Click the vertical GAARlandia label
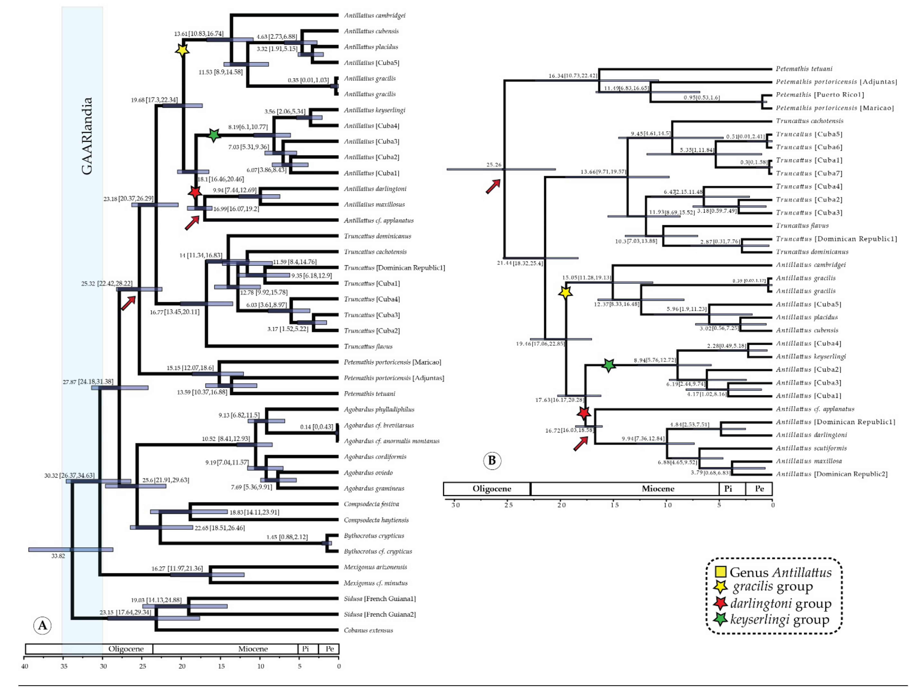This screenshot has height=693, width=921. click(x=87, y=136)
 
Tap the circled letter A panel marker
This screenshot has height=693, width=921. click(x=43, y=625)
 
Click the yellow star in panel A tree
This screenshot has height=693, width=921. click(x=182, y=50)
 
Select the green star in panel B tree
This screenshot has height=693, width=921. click(x=609, y=366)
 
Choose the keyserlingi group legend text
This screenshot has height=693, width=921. click(x=779, y=620)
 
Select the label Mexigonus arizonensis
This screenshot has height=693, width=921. click(x=375, y=567)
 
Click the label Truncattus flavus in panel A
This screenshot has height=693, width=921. click(x=368, y=346)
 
